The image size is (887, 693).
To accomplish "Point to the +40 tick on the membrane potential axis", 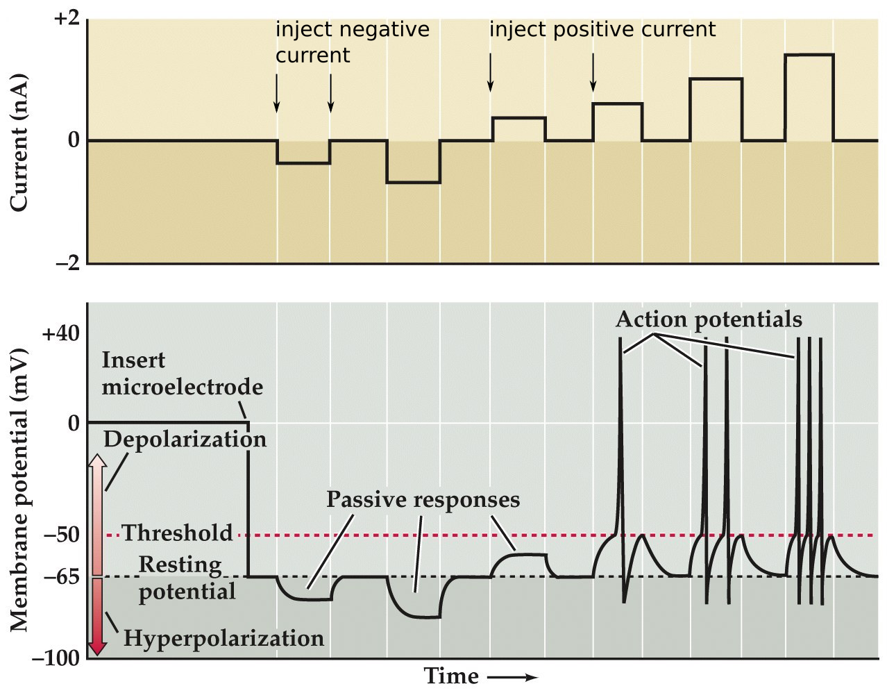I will coord(61,334).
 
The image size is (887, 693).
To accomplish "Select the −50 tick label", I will coord(62,535).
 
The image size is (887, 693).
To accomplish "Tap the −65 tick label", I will coord(62,576).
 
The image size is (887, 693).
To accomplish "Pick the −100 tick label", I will coord(56,658).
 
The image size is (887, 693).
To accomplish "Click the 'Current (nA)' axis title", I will coord(19,142).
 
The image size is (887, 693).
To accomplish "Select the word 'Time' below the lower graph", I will coord(451,676).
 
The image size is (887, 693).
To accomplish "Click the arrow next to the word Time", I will coord(512,677).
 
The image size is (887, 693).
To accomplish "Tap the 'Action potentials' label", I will coord(709,319).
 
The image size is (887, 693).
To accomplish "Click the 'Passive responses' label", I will coord(423,500).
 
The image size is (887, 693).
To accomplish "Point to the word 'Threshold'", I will coord(178,533).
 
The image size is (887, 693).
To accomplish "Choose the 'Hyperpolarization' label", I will coord(223,638).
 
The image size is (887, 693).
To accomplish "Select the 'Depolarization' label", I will coord(185,440).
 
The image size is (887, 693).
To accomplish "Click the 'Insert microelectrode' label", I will coord(182,374).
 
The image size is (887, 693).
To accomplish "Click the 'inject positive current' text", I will coord(602,30).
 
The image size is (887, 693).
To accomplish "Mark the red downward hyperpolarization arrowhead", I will coord(98,649).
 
